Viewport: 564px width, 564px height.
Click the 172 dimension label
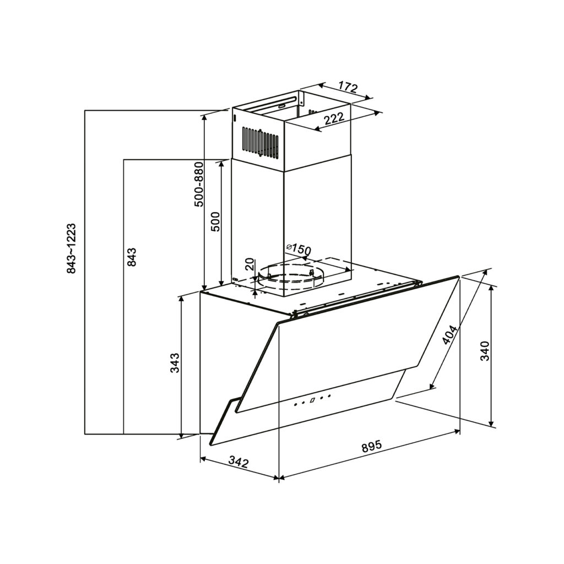pos(348,88)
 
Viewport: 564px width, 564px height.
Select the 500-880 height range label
pos(198,185)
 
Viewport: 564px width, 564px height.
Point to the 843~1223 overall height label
pos(71,248)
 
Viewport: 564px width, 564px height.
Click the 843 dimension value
pos(132,257)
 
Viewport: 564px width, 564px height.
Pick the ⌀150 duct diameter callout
pos(298,249)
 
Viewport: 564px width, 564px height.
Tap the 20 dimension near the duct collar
pos(250,264)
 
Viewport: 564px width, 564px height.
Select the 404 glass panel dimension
pos(449,335)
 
